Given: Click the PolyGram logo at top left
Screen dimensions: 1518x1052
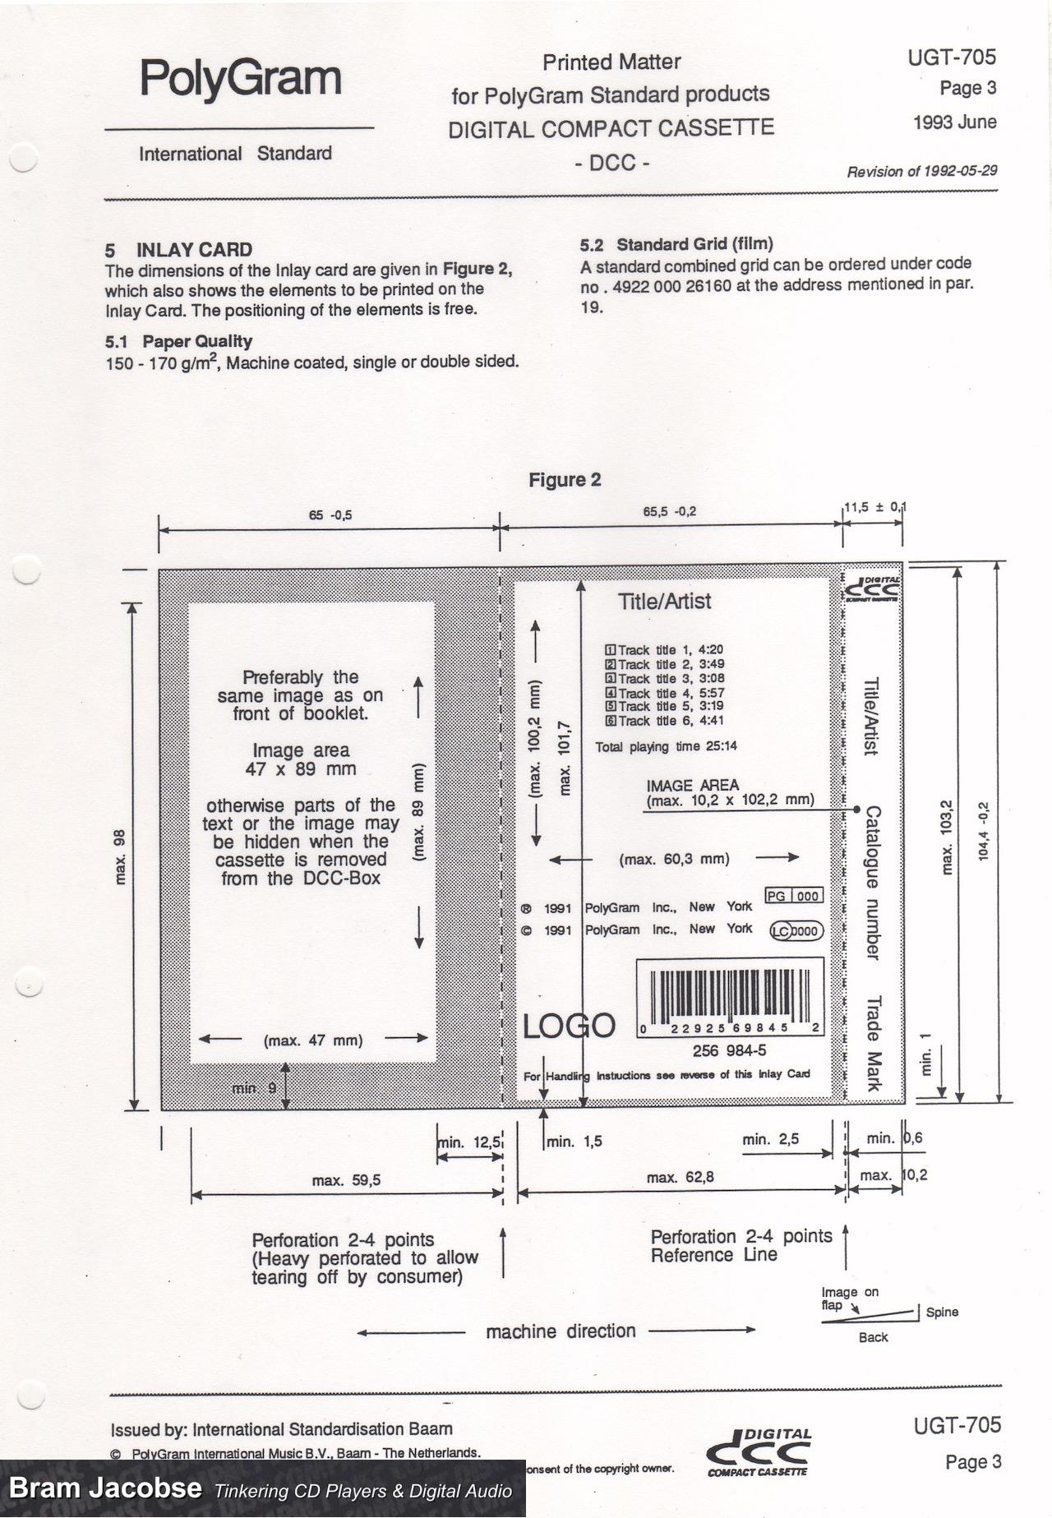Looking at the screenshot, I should [x=240, y=78].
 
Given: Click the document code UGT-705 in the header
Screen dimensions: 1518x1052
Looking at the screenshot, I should [x=952, y=57].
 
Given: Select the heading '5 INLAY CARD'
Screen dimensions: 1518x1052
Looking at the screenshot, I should [x=178, y=250].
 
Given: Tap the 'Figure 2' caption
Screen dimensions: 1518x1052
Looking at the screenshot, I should [x=565, y=480].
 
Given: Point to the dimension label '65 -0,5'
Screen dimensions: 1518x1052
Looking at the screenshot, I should [x=330, y=516].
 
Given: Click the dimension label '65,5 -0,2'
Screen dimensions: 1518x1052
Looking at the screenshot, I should [x=669, y=511].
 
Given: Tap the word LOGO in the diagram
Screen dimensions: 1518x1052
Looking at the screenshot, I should [x=569, y=1026].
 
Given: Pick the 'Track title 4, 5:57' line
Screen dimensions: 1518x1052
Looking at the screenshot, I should [x=665, y=693].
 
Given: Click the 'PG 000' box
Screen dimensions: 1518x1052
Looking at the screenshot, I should [x=793, y=896].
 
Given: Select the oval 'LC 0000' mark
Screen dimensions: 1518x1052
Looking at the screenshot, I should [x=796, y=930].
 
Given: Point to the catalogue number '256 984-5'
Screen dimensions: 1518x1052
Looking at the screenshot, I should [x=729, y=1050].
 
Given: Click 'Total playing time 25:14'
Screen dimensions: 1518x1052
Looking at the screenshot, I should [x=666, y=746].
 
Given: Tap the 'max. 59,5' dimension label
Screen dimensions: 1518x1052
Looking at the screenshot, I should [x=346, y=1180].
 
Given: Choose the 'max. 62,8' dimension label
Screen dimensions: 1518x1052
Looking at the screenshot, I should [x=680, y=1177].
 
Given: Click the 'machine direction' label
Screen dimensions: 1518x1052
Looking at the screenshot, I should [x=561, y=1331].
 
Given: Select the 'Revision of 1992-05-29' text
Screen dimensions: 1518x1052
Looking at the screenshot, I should [x=922, y=171].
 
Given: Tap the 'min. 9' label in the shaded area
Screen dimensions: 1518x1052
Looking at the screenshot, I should [x=254, y=1088].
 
